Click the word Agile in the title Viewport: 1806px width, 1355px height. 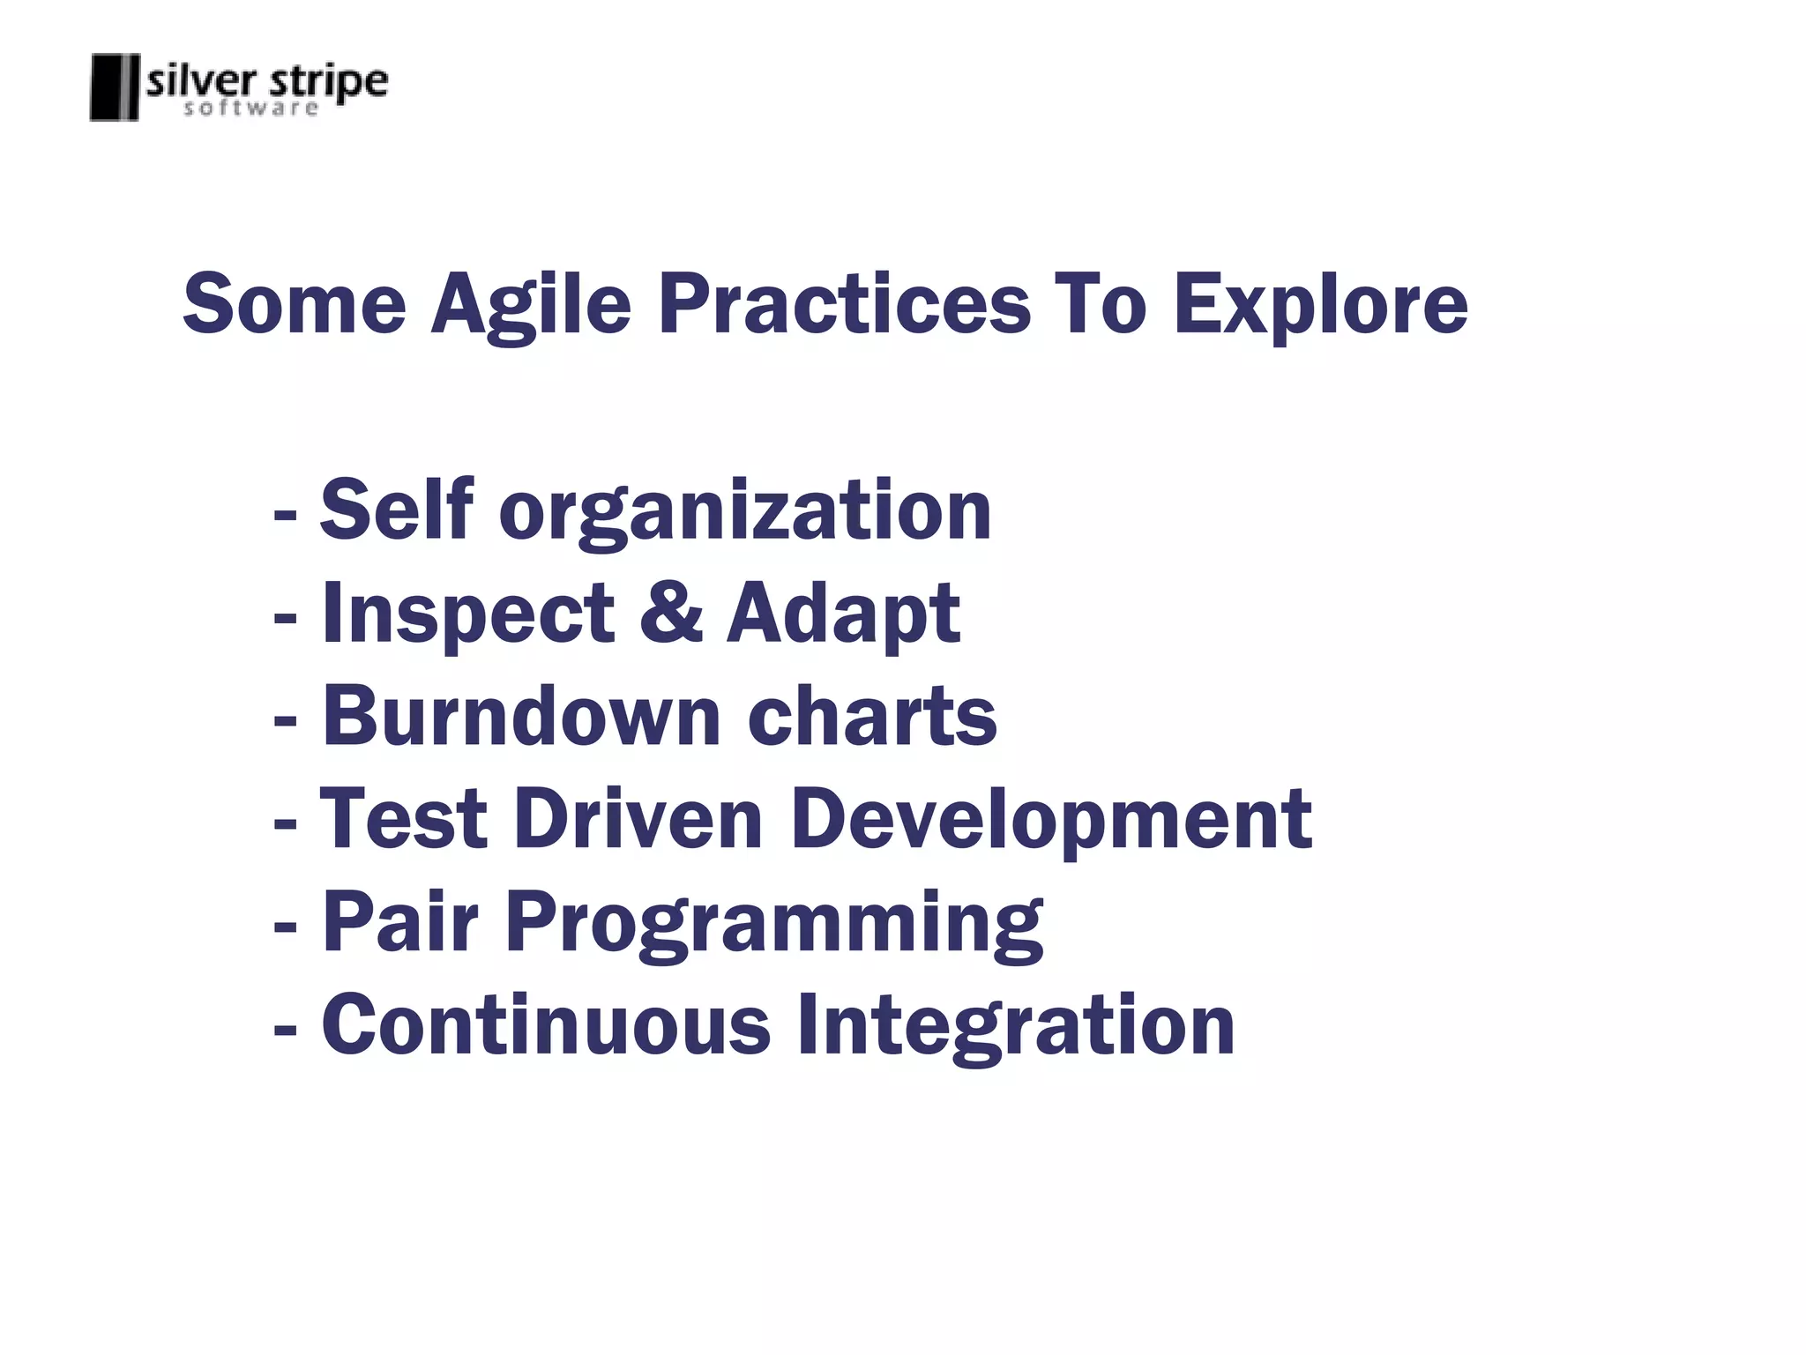531,304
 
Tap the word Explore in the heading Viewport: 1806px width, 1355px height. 1320,304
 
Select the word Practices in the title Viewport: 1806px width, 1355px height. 844,304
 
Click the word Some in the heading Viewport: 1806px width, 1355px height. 294,304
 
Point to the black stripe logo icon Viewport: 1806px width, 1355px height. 115,87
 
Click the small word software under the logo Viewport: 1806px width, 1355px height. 250,108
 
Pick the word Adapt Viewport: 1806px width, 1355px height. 843,614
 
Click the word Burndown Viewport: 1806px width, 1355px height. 522,716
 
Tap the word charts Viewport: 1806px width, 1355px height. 872,716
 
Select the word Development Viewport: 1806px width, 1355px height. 1051,821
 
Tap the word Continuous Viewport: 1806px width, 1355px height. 546,1025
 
